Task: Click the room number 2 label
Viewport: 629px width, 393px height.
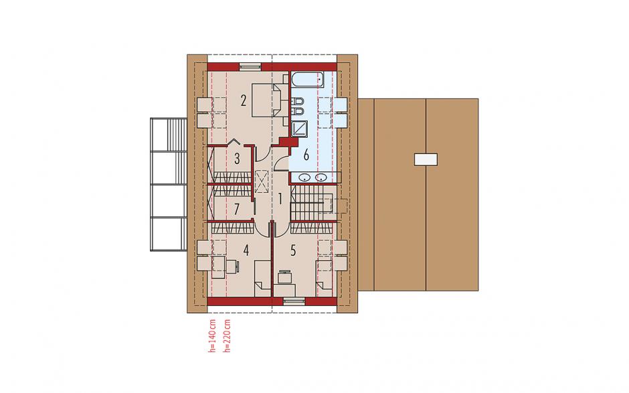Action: pos(243,100)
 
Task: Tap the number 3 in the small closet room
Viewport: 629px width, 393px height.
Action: pos(237,159)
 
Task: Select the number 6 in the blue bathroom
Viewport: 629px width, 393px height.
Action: pos(306,155)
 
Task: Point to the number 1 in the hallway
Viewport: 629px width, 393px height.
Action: pos(280,198)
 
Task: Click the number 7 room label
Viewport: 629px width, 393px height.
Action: pos(237,209)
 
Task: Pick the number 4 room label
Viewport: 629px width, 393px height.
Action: pos(246,250)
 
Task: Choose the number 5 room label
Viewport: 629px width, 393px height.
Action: pos(293,250)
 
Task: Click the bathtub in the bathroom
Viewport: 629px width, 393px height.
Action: pos(307,80)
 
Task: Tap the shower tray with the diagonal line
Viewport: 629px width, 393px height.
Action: pos(299,128)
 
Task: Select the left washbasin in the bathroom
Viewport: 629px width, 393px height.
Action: pos(306,177)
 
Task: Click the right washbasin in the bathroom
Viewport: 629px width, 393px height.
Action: pos(321,177)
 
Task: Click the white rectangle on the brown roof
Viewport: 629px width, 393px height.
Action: pos(426,159)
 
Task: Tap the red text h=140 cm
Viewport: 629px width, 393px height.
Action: pos(212,336)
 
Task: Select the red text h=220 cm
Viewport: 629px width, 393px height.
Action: pos(228,336)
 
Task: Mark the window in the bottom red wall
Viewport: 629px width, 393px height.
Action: pos(294,301)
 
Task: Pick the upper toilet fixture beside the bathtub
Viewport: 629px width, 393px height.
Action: pos(297,100)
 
